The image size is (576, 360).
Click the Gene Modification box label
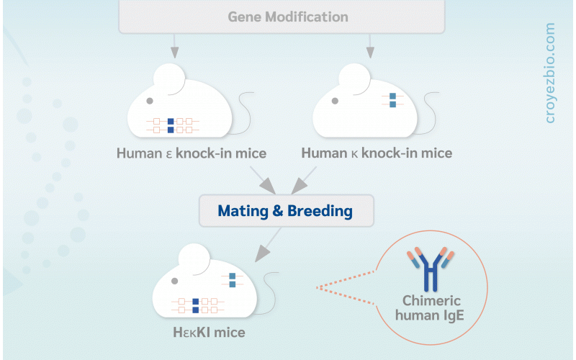point(288,17)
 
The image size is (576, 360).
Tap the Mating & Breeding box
point(286,211)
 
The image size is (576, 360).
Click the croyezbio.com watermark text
point(550,73)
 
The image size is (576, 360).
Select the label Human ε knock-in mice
point(192,153)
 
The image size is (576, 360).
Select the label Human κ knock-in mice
point(377,153)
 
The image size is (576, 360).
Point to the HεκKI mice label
point(209,333)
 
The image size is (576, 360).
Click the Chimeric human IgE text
point(430,308)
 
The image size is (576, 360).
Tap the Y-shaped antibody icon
point(431,269)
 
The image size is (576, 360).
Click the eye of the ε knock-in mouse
point(150,101)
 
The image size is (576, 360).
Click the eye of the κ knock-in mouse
point(335,101)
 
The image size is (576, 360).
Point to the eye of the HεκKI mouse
point(174,281)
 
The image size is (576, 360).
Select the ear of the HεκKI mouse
point(194,260)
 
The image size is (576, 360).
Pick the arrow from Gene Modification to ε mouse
point(174,46)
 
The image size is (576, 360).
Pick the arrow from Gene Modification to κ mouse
point(370,46)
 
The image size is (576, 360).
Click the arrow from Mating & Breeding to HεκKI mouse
point(268,245)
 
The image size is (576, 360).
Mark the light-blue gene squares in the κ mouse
point(392,100)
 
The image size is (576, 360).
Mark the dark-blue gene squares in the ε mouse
point(171,125)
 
